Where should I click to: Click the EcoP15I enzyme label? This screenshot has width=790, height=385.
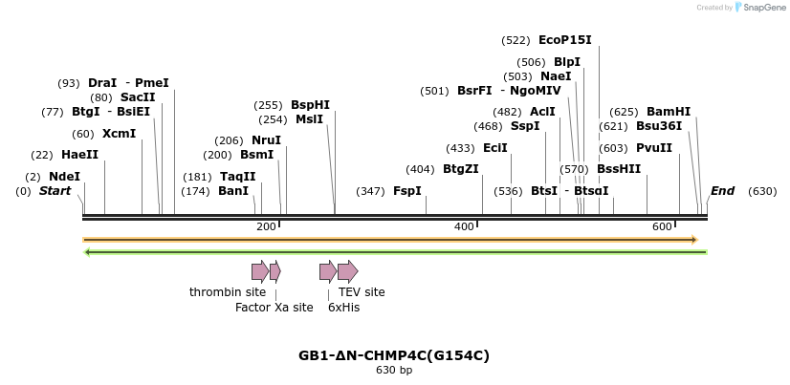pyautogui.click(x=564, y=40)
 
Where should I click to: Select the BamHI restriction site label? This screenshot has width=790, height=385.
pyautogui.click(x=668, y=112)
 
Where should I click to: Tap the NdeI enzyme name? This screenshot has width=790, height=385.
pyautogui.click(x=64, y=177)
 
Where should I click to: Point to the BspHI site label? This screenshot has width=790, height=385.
pyautogui.click(x=310, y=105)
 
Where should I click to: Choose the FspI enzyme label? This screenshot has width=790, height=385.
pyautogui.click(x=406, y=191)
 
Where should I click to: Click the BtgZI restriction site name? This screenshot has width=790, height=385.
pyautogui.click(x=460, y=169)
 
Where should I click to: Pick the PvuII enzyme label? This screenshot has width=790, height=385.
pyautogui.click(x=653, y=148)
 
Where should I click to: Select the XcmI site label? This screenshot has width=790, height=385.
pyautogui.click(x=119, y=134)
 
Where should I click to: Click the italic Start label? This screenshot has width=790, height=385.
pyautogui.click(x=55, y=191)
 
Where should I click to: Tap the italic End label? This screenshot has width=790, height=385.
pyautogui.click(x=722, y=191)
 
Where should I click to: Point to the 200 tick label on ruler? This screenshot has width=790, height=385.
pyautogui.click(x=266, y=226)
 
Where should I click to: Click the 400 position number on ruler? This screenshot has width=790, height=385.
pyautogui.click(x=464, y=226)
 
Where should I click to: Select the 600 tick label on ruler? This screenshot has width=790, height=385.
pyautogui.click(x=662, y=226)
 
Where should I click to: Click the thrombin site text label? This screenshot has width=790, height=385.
pyautogui.click(x=228, y=292)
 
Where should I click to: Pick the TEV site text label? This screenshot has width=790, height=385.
pyautogui.click(x=362, y=292)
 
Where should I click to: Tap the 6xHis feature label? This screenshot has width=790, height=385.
pyautogui.click(x=343, y=308)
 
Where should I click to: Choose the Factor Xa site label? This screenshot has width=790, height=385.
pyautogui.click(x=274, y=308)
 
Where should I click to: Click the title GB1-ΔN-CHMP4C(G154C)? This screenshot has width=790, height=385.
pyautogui.click(x=394, y=355)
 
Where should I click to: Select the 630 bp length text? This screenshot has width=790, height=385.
pyautogui.click(x=394, y=371)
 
